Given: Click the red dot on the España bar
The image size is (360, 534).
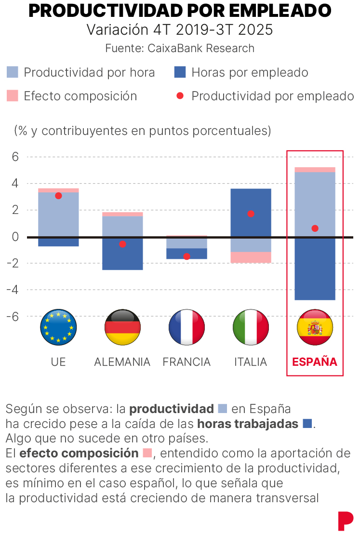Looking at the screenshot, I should point(315,228).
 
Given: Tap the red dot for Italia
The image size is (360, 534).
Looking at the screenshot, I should point(251,214).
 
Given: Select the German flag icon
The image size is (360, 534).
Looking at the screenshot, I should point(122,327).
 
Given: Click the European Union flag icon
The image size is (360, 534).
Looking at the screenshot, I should point(58,327).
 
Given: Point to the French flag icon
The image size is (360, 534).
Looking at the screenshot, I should point(187,327).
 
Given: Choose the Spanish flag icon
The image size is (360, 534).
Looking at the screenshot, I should point(315,327).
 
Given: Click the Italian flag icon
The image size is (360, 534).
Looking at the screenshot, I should point(251,327).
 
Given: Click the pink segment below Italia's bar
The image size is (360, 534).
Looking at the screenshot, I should point(251,257).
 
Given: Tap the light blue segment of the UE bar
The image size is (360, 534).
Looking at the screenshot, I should point(58,214).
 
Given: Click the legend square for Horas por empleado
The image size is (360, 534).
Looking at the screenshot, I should point(180,73).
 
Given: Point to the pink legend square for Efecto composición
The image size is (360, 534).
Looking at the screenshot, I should point(13,95).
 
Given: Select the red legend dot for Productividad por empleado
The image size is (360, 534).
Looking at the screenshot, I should point(180,95).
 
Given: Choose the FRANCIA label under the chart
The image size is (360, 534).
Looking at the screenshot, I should point(187,362).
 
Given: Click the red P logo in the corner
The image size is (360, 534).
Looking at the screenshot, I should point(345,521).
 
